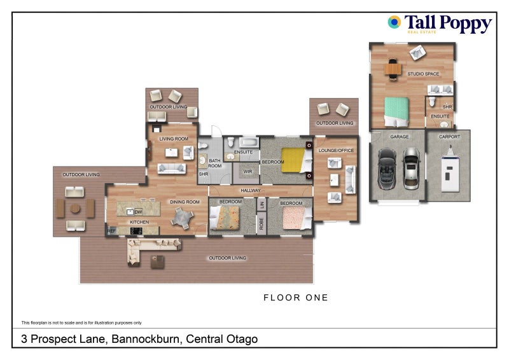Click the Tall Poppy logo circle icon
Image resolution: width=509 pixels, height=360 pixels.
(x=394, y=22)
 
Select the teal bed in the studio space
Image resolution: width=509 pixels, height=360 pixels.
(x=396, y=112)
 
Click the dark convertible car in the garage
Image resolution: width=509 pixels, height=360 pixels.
(x=387, y=169)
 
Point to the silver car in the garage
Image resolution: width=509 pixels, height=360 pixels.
(x=412, y=169)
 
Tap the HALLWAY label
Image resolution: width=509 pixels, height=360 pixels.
(x=250, y=191)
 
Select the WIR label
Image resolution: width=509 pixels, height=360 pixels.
(x=248, y=171)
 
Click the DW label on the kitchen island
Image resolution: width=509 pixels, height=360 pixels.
(x=138, y=212)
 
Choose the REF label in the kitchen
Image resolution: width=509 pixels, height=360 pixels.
(x=111, y=231)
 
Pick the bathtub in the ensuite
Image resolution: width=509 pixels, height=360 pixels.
(x=249, y=142)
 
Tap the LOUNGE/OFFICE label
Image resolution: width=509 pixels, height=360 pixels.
(x=336, y=150)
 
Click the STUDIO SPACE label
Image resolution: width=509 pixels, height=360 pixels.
(x=423, y=74)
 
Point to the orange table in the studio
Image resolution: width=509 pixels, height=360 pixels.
(x=393, y=69)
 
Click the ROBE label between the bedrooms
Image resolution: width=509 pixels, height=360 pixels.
(x=261, y=224)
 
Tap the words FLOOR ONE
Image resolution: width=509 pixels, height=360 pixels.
(x=296, y=298)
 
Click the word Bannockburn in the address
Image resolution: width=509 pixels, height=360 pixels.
(x=145, y=339)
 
